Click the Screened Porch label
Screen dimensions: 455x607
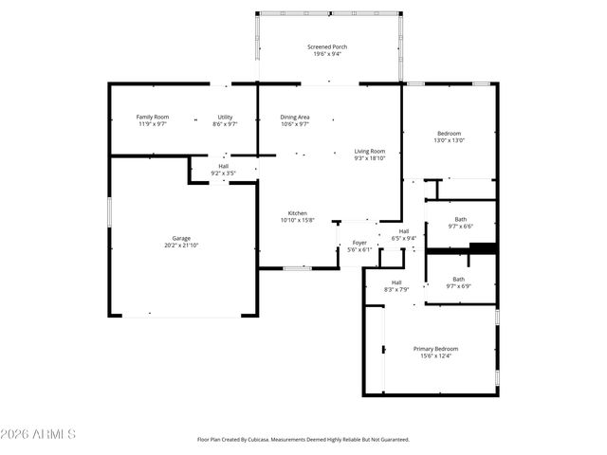(x=325, y=47)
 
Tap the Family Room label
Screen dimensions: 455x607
(x=152, y=117)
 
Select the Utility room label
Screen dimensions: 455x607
(x=225, y=117)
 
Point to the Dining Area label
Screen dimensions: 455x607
(x=295, y=117)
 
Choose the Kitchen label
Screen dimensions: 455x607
(x=297, y=213)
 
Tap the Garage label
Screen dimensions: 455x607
(x=180, y=238)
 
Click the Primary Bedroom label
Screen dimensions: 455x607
(x=435, y=349)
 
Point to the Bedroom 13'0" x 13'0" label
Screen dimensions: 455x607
(x=450, y=134)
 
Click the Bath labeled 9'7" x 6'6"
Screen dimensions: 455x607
(x=460, y=219)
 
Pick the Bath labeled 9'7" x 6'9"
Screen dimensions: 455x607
(x=458, y=279)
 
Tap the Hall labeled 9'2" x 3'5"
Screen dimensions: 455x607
(x=223, y=166)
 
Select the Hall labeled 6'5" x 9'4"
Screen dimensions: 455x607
(x=404, y=231)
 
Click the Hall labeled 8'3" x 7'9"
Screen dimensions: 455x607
(x=396, y=282)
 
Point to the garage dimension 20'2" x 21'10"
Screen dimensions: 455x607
(x=180, y=246)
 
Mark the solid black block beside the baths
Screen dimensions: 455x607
(x=484, y=249)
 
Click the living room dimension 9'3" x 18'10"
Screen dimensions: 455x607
(x=370, y=158)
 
